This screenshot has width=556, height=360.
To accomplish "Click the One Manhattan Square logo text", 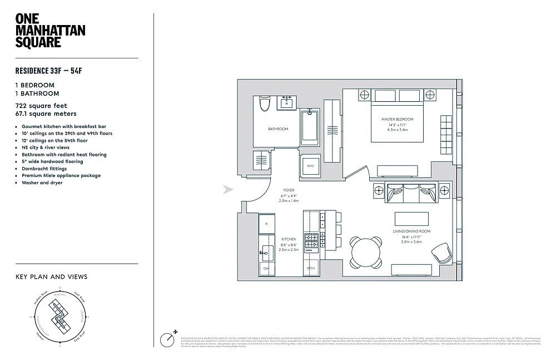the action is [50, 31].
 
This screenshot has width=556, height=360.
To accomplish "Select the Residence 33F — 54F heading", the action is [52, 71].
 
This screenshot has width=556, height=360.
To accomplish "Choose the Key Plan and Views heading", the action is [51, 277].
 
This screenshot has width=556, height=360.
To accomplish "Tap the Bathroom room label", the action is [278, 129].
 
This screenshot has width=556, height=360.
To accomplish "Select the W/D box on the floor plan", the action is [309, 165].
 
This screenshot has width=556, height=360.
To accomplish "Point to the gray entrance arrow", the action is [227, 190].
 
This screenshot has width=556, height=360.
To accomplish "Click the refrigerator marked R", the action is [266, 223].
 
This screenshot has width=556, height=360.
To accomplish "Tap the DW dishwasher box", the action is [266, 269].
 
